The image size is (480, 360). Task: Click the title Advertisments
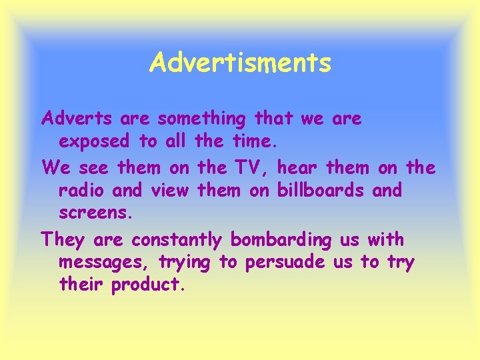240,63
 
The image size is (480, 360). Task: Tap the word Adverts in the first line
77,119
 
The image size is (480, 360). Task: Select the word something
202,119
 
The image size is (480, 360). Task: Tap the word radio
83,190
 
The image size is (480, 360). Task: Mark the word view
171,190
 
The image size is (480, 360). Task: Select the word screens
96,214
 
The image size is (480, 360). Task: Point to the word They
63,239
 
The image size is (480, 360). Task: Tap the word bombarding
280,239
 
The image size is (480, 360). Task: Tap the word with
385,238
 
